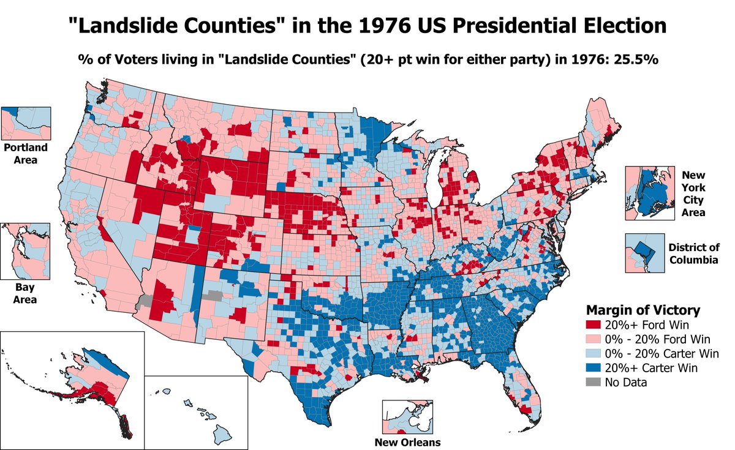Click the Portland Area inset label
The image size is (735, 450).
click(20, 154)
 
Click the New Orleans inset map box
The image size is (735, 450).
click(407, 418)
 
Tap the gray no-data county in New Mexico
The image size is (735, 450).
click(213, 295)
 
